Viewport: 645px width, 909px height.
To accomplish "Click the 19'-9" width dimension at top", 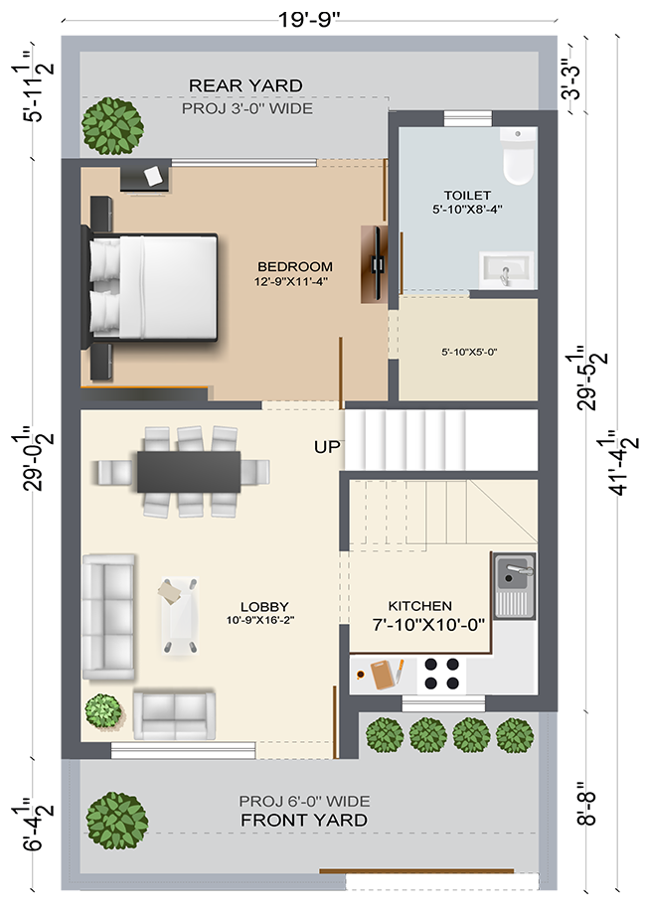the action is pyautogui.click(x=308, y=19).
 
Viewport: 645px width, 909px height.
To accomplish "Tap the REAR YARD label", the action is pyautogui.click(x=245, y=85).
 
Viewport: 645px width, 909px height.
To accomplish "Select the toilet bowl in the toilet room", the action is pyautogui.click(x=518, y=157).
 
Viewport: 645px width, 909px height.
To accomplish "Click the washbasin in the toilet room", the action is pyautogui.click(x=507, y=269).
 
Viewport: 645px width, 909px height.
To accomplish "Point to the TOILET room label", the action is pyautogui.click(x=467, y=196).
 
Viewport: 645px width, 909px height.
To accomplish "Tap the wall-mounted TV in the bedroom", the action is pyautogui.click(x=377, y=264).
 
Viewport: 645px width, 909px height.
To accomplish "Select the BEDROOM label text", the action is pyautogui.click(x=295, y=266).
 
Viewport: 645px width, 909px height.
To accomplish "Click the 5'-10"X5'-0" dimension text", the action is pyautogui.click(x=469, y=352).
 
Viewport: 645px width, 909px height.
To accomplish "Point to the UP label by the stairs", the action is pyautogui.click(x=327, y=447).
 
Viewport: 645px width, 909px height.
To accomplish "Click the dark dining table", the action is pyautogui.click(x=189, y=471).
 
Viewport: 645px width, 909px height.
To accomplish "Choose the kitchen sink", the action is pyautogui.click(x=514, y=585).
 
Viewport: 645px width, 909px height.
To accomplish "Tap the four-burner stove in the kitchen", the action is pyautogui.click(x=441, y=674).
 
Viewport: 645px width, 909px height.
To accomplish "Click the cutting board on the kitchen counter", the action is pyautogui.click(x=384, y=675).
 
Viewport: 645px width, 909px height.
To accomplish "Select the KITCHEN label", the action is pyautogui.click(x=420, y=606).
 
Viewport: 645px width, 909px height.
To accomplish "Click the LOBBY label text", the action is pyautogui.click(x=264, y=606).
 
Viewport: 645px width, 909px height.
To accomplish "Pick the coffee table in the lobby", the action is pyautogui.click(x=179, y=616).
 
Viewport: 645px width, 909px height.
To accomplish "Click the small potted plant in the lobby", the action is pyautogui.click(x=103, y=710).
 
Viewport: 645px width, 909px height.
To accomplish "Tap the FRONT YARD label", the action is pyautogui.click(x=304, y=821).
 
